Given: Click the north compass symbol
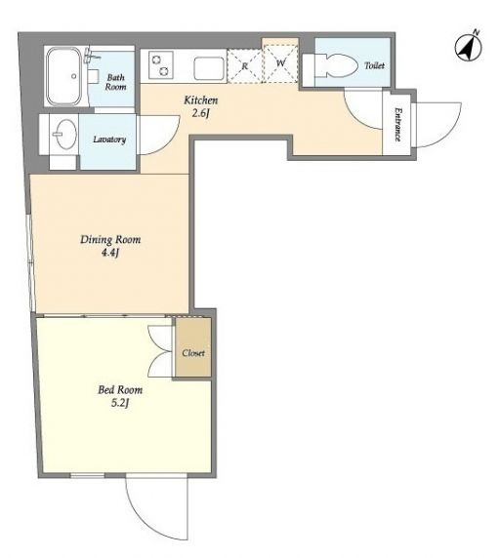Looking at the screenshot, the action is (469, 47).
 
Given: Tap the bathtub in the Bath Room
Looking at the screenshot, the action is (64, 76).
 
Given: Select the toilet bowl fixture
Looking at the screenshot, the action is (336, 65).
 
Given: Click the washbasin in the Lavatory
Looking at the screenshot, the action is (65, 134).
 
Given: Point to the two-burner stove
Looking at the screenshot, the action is (161, 64).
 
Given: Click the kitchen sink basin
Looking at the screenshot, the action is (209, 68).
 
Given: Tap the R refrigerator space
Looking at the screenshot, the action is (244, 66).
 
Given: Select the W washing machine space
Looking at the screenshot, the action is (280, 63).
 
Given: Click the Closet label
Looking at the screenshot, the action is (193, 353).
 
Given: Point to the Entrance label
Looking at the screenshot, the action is (397, 125).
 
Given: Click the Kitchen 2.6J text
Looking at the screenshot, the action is (201, 106).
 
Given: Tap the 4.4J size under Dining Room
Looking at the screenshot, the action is (110, 254).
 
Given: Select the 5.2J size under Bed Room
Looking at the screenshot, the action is (120, 404).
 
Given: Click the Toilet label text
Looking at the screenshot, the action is (374, 65).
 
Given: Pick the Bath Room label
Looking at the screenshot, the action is (116, 82).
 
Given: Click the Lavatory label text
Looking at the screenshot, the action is (109, 139).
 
